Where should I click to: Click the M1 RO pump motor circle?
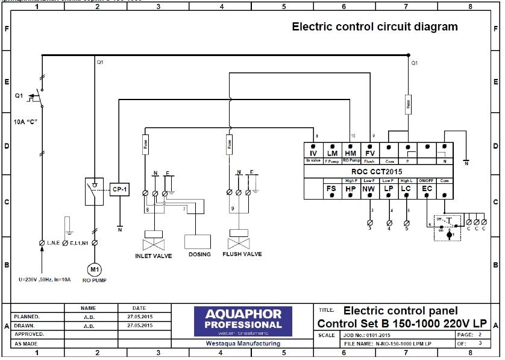93,268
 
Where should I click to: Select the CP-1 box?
119,189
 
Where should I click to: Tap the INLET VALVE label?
153,256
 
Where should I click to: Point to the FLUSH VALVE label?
242,254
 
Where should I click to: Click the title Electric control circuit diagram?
375,27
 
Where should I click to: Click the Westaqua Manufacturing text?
243,344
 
